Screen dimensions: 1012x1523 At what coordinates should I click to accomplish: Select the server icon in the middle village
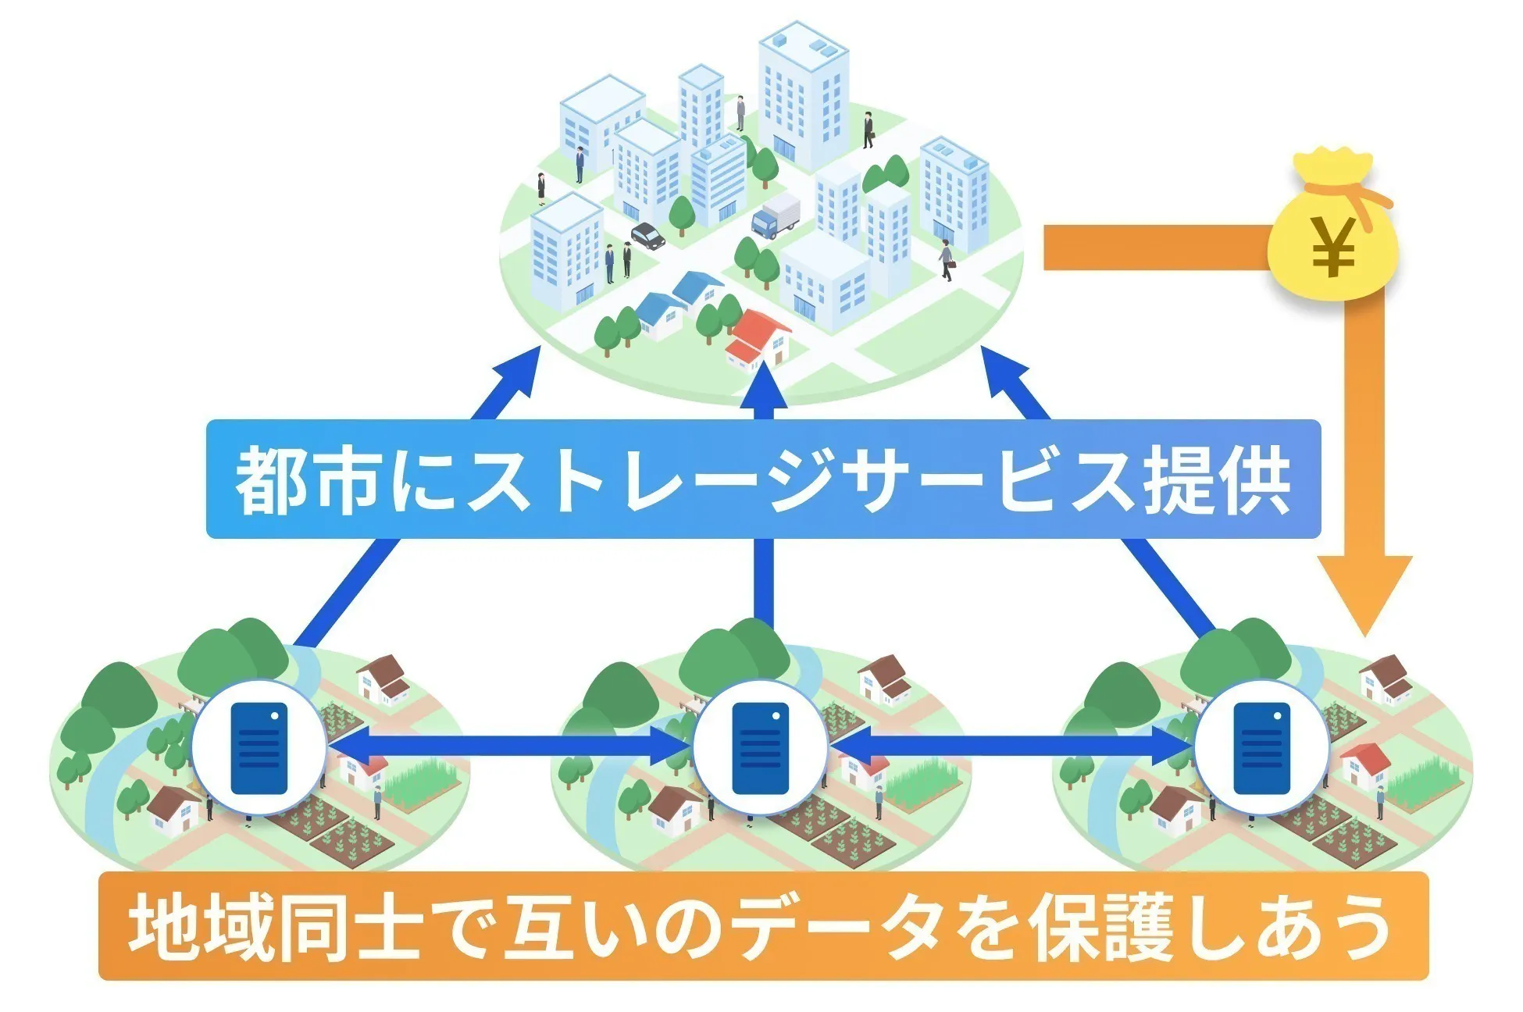point(760,747)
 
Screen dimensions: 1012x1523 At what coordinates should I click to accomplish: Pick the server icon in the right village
point(1261,747)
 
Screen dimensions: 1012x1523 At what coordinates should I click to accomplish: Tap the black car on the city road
point(648,235)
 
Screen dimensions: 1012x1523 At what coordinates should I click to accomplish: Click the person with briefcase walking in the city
point(947,260)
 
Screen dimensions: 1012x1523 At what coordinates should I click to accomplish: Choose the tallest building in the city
point(803,94)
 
